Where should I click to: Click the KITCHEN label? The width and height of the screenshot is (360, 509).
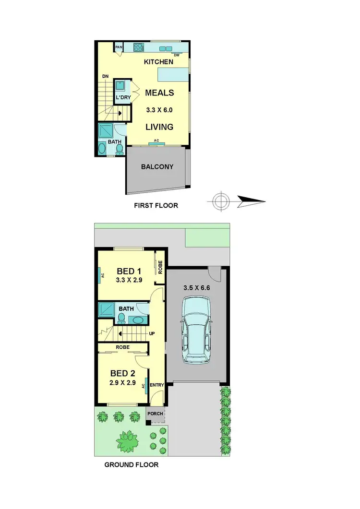[159, 62]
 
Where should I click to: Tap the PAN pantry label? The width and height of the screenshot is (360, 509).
[118, 47]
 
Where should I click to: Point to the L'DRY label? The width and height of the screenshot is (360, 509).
[123, 97]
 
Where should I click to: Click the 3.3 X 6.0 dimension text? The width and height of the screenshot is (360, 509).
[159, 110]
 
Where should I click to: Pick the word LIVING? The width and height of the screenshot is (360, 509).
[159, 127]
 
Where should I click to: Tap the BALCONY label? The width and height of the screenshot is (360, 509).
[157, 167]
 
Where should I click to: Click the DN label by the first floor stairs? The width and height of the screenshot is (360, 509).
[105, 77]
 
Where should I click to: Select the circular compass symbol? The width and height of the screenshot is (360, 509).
[219, 201]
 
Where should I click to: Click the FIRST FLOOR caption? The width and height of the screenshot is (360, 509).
[156, 205]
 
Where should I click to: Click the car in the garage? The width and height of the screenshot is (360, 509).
[195, 331]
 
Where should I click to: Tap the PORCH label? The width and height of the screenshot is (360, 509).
[155, 414]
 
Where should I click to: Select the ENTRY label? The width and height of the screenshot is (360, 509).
[157, 385]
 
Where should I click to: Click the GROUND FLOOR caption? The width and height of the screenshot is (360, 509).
[132, 464]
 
